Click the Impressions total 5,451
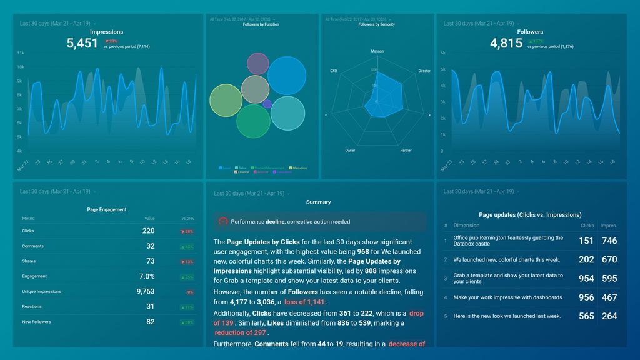tap(82, 43)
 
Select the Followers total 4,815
tap(506, 43)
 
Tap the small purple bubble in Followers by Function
tap(267, 104)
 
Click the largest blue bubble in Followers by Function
tap(287, 76)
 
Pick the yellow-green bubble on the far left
tap(226, 101)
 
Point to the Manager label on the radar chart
tap(377, 51)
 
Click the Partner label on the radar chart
tap(406, 151)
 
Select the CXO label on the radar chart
tap(334, 71)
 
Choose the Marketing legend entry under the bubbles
tap(299, 167)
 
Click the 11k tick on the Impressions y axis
tap(21, 53)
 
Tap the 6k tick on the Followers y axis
tap(442, 53)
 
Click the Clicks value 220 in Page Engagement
tap(148, 231)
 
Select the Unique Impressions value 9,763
tap(145, 291)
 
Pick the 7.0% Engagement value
tap(147, 276)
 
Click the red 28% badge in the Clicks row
tap(187, 231)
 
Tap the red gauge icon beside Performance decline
tap(223, 222)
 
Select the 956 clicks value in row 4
tap(586, 297)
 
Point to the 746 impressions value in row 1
tap(609, 241)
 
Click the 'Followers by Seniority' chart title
tap(376, 24)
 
